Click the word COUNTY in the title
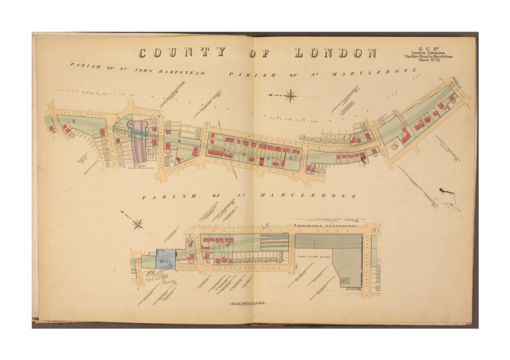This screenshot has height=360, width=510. pyautogui.click(x=182, y=53)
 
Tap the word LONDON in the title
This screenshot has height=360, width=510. pyautogui.click(x=335, y=53)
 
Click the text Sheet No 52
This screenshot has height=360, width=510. pyautogui.click(x=428, y=60)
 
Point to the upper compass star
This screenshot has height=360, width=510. pyautogui.click(x=291, y=95)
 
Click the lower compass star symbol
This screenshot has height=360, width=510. pyautogui.click(x=138, y=223)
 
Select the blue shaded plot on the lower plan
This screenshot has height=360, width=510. pyautogui.click(x=166, y=260)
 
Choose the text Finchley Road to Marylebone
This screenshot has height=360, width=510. pyautogui.click(x=428, y=56)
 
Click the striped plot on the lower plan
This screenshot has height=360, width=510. pyautogui.click(x=274, y=241)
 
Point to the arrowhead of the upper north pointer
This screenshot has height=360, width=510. pyautogui.click(x=270, y=95)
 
